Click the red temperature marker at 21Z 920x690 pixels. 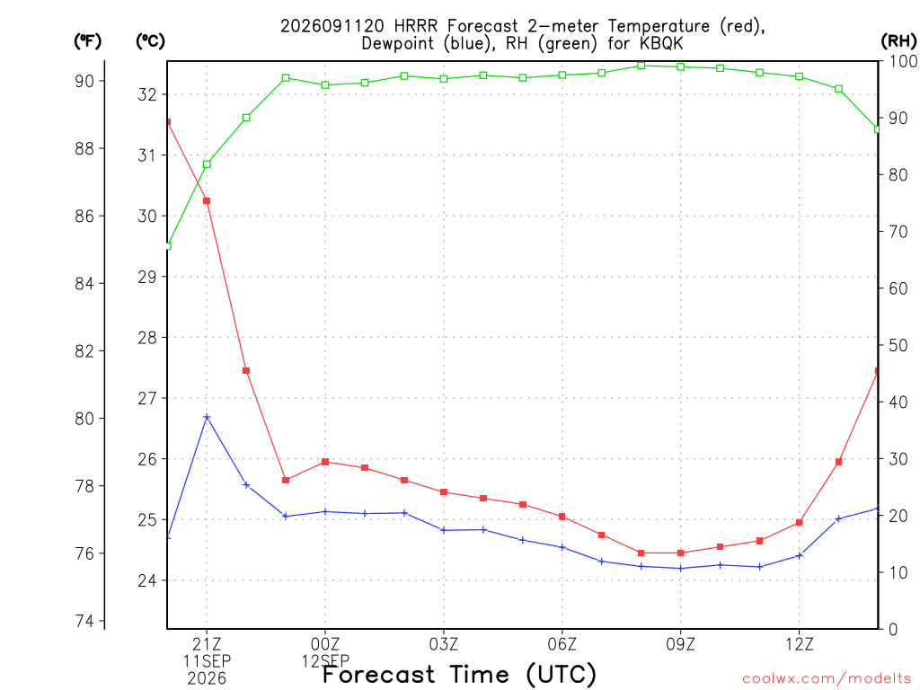click(x=207, y=200)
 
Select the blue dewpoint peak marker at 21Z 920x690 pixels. click(x=207, y=417)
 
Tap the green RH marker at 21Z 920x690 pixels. click(x=207, y=164)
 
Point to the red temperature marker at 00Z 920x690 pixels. click(x=325, y=462)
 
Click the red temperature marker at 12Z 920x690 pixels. click(x=799, y=522)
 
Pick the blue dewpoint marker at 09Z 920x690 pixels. click(x=681, y=568)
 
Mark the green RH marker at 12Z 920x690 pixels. click(x=799, y=76)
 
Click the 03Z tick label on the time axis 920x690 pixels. click(x=444, y=645)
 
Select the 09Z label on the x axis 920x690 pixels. click(x=681, y=645)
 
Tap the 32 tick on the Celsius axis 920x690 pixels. click(x=147, y=94)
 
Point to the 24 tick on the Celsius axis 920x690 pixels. click(x=147, y=580)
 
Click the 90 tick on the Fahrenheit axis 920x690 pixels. click(x=84, y=81)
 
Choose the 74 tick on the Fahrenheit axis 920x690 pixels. click(x=84, y=621)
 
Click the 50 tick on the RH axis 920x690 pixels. click(x=898, y=345)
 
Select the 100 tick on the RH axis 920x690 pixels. click(x=903, y=61)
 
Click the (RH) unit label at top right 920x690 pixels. click(x=898, y=40)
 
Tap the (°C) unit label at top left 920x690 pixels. click(x=150, y=40)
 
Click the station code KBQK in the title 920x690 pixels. click(x=661, y=43)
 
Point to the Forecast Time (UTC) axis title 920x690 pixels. click(x=459, y=675)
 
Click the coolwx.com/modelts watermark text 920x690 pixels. click(x=827, y=678)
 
